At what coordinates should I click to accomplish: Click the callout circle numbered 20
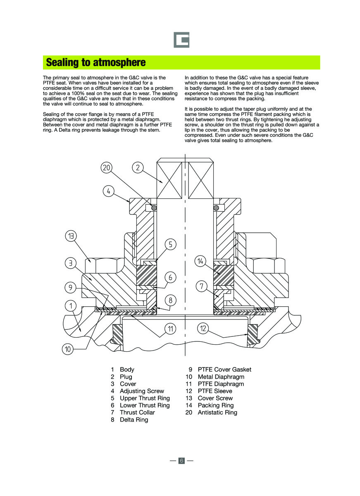[107, 167]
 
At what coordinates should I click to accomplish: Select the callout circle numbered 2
[138, 167]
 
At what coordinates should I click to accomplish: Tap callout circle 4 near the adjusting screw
[108, 191]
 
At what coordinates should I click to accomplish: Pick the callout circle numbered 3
[71, 262]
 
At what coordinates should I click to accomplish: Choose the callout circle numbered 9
[71, 286]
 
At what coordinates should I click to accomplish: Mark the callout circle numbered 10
[68, 349]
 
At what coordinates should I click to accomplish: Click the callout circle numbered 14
[200, 261]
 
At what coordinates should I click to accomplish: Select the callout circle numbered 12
[203, 329]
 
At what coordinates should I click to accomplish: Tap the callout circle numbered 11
[170, 329]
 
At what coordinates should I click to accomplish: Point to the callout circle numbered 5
[170, 244]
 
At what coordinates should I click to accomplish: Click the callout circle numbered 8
[170, 300]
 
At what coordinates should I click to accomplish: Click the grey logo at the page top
[181, 40]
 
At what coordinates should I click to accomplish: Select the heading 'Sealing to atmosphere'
[96, 62]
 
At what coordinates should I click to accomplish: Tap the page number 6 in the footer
[181, 460]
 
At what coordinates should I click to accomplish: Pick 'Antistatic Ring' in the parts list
[217, 413]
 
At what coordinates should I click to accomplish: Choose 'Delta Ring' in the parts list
[134, 420]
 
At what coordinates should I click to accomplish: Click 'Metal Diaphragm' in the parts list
[221, 377]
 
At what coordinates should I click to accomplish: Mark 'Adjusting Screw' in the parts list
[142, 391]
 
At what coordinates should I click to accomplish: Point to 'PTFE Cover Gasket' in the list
[224, 370]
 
